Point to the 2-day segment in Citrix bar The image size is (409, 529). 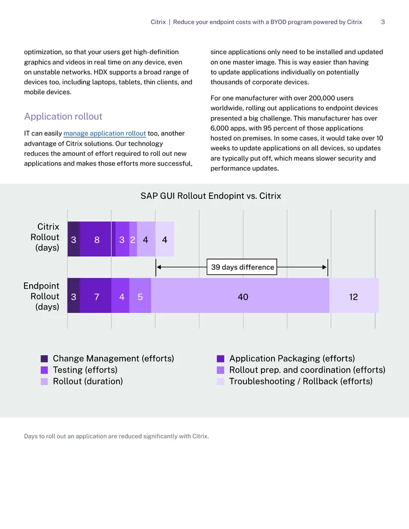(133, 239)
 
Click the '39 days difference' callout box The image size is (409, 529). (242, 267)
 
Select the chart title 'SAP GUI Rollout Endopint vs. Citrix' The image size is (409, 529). (211, 196)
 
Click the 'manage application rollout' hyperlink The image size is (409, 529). (105, 133)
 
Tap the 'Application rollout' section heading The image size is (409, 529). (63, 117)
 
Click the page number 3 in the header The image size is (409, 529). (383, 22)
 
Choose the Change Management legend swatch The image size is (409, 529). (44, 358)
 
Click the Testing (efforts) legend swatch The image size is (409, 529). (44, 370)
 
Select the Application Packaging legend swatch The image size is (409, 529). (220, 358)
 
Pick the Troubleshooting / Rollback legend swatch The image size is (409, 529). (220, 381)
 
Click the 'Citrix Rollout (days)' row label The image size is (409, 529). (45, 237)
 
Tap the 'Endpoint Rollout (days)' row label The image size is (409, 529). (41, 296)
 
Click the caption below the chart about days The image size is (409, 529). (117, 436)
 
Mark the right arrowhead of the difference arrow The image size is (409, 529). (325, 267)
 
